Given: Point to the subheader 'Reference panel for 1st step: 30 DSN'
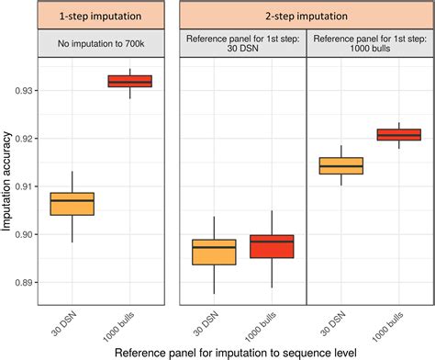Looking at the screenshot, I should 241,44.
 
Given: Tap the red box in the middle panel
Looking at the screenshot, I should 273,246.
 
